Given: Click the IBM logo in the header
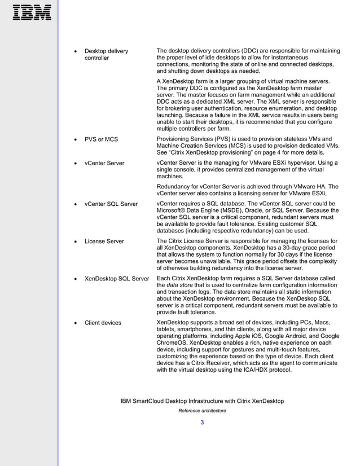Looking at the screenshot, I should point(32,12).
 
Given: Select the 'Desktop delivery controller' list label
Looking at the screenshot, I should point(106,55).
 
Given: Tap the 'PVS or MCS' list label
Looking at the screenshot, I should point(101,139).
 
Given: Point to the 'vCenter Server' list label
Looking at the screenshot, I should point(104,163).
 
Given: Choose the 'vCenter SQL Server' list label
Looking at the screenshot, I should point(111,204).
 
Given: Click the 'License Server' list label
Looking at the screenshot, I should point(104,241).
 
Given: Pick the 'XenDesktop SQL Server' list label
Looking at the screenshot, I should point(117,279).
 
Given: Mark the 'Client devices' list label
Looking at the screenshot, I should point(103,323).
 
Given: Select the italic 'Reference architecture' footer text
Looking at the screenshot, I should point(202,411).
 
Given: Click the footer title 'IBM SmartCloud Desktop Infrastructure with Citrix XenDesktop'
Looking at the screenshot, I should point(202,401).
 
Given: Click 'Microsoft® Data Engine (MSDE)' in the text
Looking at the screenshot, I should point(197,211).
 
